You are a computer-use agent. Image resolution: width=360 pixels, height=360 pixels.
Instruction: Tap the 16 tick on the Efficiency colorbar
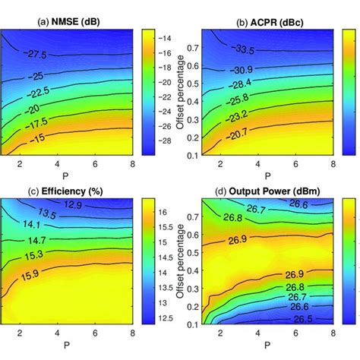tap(164, 216)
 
